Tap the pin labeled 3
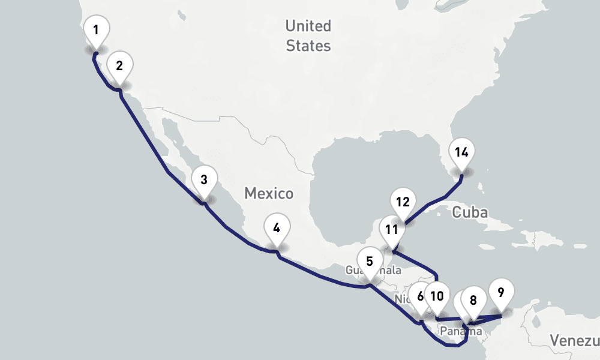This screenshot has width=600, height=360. pos(204,180)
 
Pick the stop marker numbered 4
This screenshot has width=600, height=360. pos(276,229)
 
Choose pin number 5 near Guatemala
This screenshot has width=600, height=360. pos(369,262)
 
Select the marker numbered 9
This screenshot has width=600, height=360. pos(501,293)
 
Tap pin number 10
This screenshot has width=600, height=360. pos(437,296)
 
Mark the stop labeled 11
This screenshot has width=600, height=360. pos(392,230)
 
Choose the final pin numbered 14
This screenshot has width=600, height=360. pos(461,152)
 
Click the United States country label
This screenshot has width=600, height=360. pos(308,35)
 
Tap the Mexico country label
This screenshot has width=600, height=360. pos(269,193)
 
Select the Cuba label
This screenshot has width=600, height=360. pos(470,212)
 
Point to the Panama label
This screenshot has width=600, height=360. pos(460,331)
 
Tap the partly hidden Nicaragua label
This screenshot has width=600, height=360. pos(401,299)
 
